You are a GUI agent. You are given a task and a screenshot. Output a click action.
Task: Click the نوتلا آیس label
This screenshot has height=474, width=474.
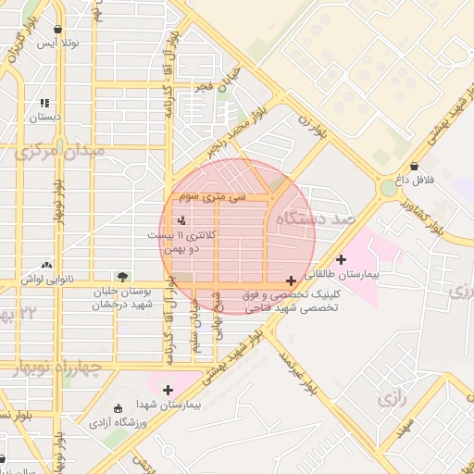(x=58, y=44)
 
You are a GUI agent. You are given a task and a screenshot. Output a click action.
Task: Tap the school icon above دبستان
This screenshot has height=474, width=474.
(x=44, y=104)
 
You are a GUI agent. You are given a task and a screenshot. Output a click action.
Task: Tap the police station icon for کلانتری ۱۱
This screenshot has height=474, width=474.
(x=181, y=221)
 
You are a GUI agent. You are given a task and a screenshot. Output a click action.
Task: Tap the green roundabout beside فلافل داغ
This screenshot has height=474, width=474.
(x=387, y=189)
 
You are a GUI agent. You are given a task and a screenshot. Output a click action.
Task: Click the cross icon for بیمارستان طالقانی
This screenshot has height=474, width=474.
(x=342, y=260)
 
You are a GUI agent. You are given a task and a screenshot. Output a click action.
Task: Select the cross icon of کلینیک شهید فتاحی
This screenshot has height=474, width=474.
(x=292, y=280)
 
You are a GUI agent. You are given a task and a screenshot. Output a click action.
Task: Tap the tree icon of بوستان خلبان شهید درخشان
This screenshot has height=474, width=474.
(x=121, y=277)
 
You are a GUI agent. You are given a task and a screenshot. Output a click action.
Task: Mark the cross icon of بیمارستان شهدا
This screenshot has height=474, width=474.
(x=168, y=390)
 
